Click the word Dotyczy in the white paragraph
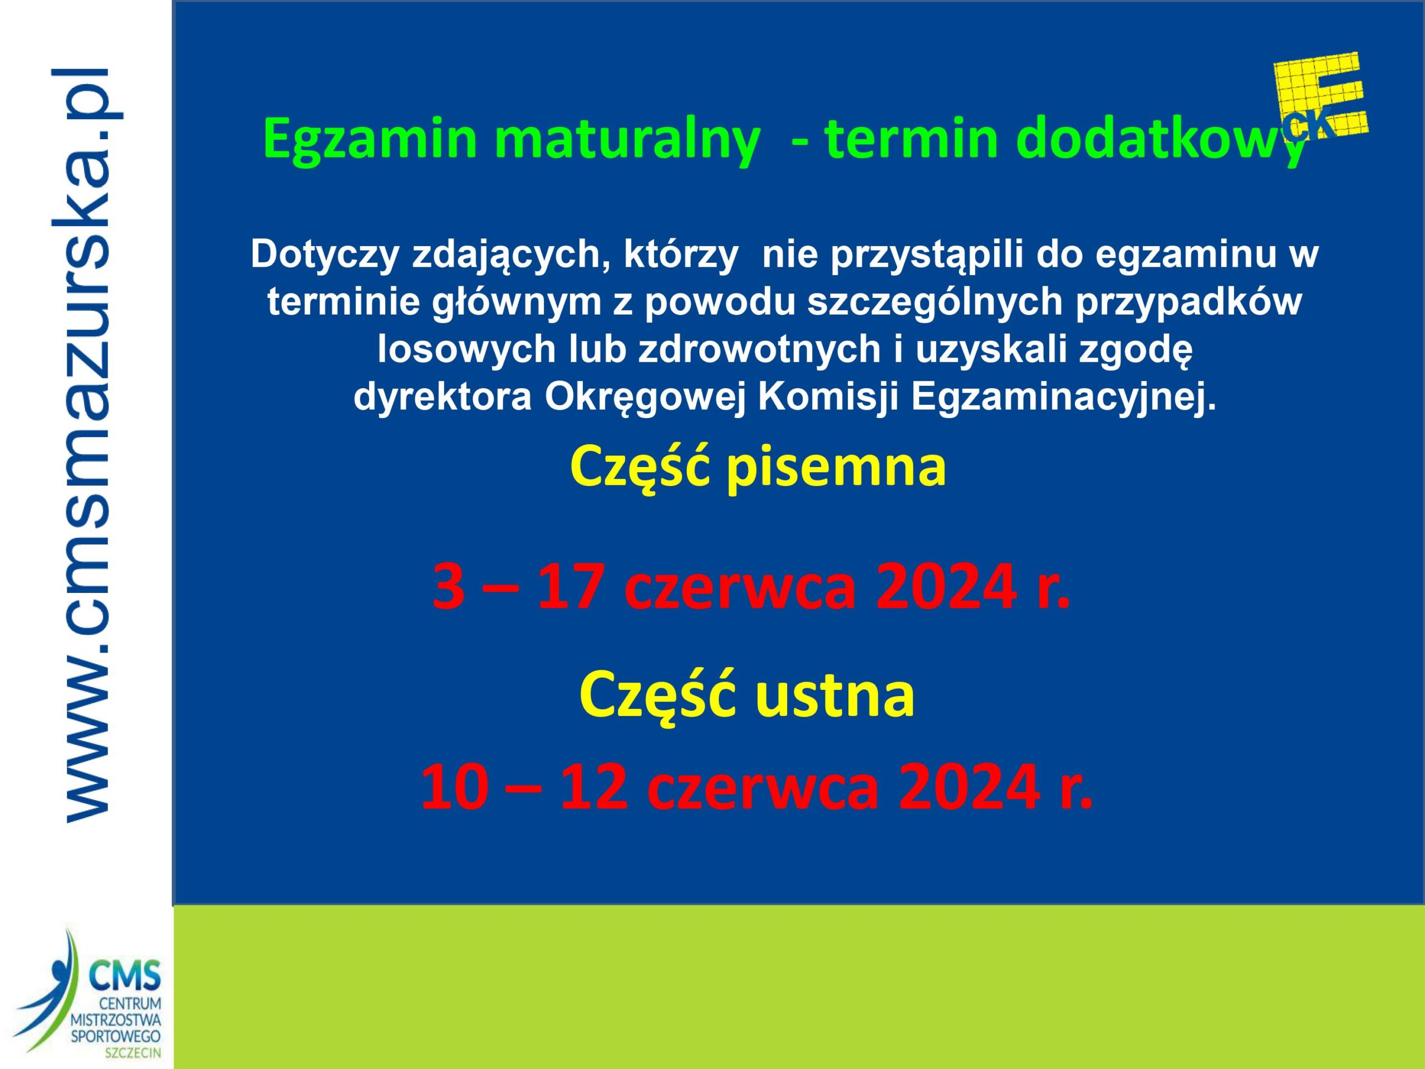323,255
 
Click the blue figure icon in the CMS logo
45,992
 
